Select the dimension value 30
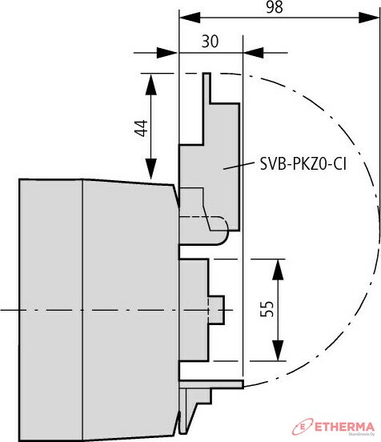[x=210, y=41]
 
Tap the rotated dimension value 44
[x=142, y=128]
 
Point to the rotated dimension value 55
[x=267, y=309]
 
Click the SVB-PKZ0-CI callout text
[x=303, y=164]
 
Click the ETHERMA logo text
[x=344, y=427]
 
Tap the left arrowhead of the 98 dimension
[x=190, y=18]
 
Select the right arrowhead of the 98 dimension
[x=369, y=18]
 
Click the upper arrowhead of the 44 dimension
[x=151, y=84]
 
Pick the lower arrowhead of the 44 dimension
[x=151, y=169]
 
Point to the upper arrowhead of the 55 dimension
[x=278, y=269]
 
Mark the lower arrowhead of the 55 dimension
[x=278, y=351]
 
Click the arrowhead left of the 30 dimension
[x=167, y=53]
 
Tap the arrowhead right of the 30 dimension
[x=254, y=53]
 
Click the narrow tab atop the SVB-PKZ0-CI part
[x=207, y=88]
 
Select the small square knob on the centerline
[x=216, y=310]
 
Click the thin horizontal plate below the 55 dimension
[x=211, y=384]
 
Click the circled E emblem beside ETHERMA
[x=303, y=427]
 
